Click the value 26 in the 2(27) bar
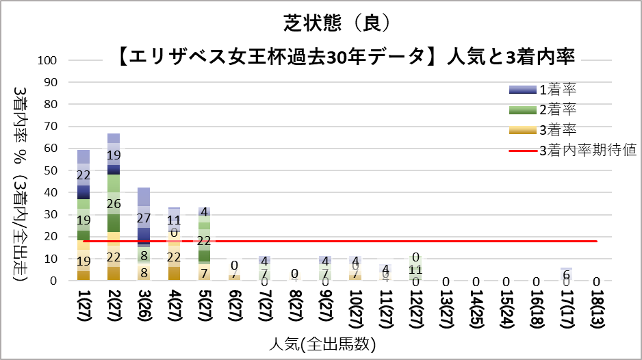coord(114,204)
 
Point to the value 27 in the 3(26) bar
coord(144,218)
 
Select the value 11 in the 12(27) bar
coord(415,269)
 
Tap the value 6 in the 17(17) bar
coord(565,274)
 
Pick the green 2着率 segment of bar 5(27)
coord(204,241)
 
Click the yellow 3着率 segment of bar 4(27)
coord(174,257)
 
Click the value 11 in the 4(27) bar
coord(174,220)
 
